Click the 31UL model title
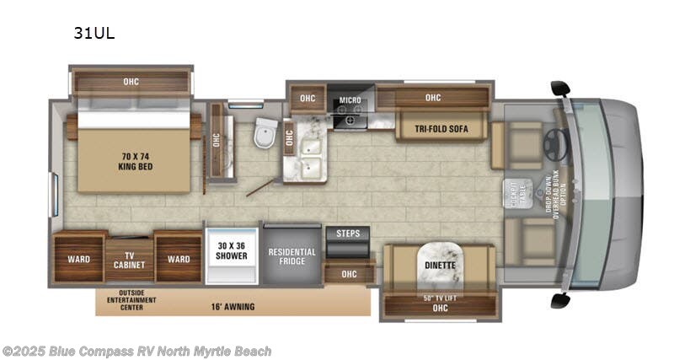pos(95,35)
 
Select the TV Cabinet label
pos(129,259)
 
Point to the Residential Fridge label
pos(292,257)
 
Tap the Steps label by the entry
pos(348,233)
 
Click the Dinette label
pos(436,266)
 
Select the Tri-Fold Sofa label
pos(441,129)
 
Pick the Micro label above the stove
pos(350,101)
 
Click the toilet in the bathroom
pos(265,132)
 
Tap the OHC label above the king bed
pos(131,82)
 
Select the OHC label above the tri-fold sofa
pos(433,98)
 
